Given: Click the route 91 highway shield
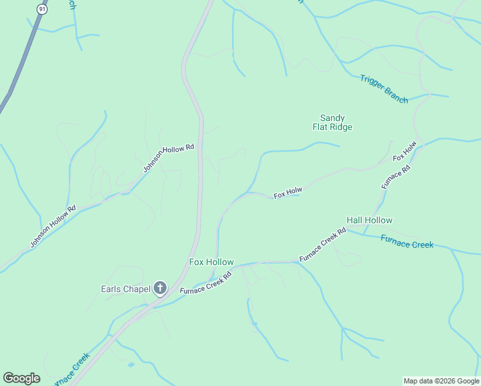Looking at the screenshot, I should (42, 9).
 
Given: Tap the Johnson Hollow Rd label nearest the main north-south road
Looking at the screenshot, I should (168, 158).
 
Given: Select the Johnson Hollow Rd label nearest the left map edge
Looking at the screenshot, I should (53, 226).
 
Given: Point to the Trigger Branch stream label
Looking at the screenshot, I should (384, 89).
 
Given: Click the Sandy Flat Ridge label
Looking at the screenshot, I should (332, 122).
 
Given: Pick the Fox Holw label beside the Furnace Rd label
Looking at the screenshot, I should (405, 150).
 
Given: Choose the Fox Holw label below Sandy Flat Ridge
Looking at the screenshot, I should (287, 192).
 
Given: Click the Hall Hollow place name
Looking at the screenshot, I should (369, 220).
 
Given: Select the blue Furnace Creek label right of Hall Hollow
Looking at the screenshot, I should (407, 242).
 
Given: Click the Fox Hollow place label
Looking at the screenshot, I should (211, 262).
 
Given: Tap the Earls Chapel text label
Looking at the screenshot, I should (125, 289).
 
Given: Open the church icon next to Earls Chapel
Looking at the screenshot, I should (159, 289).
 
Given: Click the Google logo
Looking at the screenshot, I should (21, 378).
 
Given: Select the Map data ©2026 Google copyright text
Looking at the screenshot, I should (441, 381).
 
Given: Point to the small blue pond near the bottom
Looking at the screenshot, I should (131, 365).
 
